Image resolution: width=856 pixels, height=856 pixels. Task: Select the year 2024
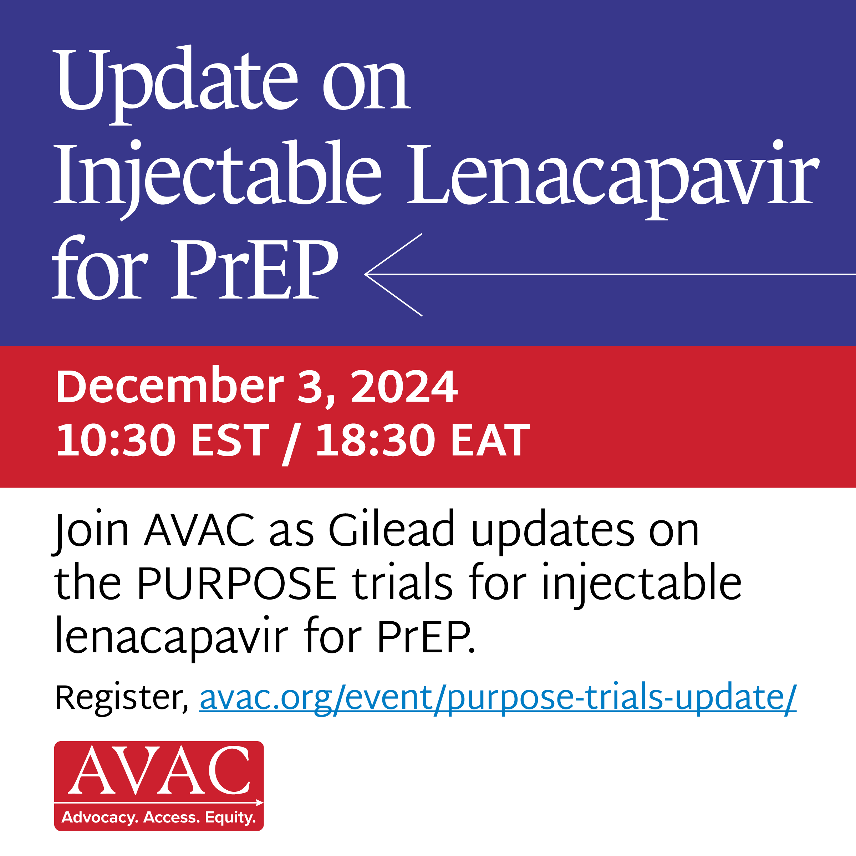(404, 386)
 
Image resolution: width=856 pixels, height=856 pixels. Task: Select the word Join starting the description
(91, 529)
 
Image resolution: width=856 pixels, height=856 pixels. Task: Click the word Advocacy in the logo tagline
(100, 817)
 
